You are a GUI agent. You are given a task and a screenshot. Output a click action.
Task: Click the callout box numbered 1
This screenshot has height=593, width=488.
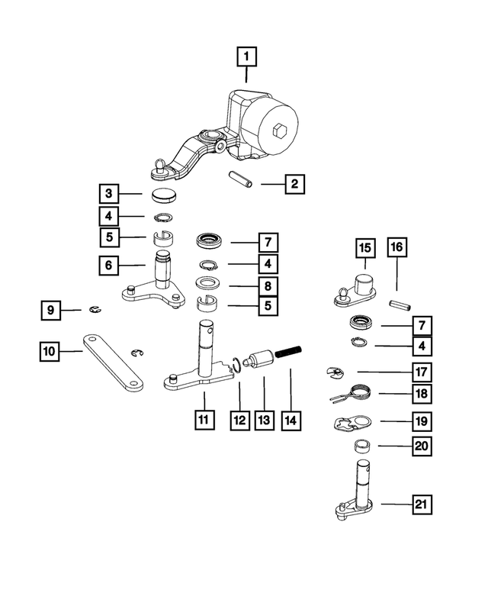pos(246,56)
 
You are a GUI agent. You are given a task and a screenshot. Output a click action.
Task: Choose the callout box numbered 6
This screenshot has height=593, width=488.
pos(111,266)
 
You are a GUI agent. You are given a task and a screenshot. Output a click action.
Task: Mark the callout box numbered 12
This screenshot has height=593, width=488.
pos(240,421)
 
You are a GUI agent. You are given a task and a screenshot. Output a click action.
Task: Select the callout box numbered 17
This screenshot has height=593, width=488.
pos(421,372)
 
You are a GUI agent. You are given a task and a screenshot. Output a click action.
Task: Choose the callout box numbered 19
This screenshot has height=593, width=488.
pos(421,421)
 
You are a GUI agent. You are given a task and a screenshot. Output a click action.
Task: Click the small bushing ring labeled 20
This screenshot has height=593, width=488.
pos(361,446)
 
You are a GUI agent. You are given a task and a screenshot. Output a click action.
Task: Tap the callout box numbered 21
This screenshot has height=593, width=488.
pos(421,504)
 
